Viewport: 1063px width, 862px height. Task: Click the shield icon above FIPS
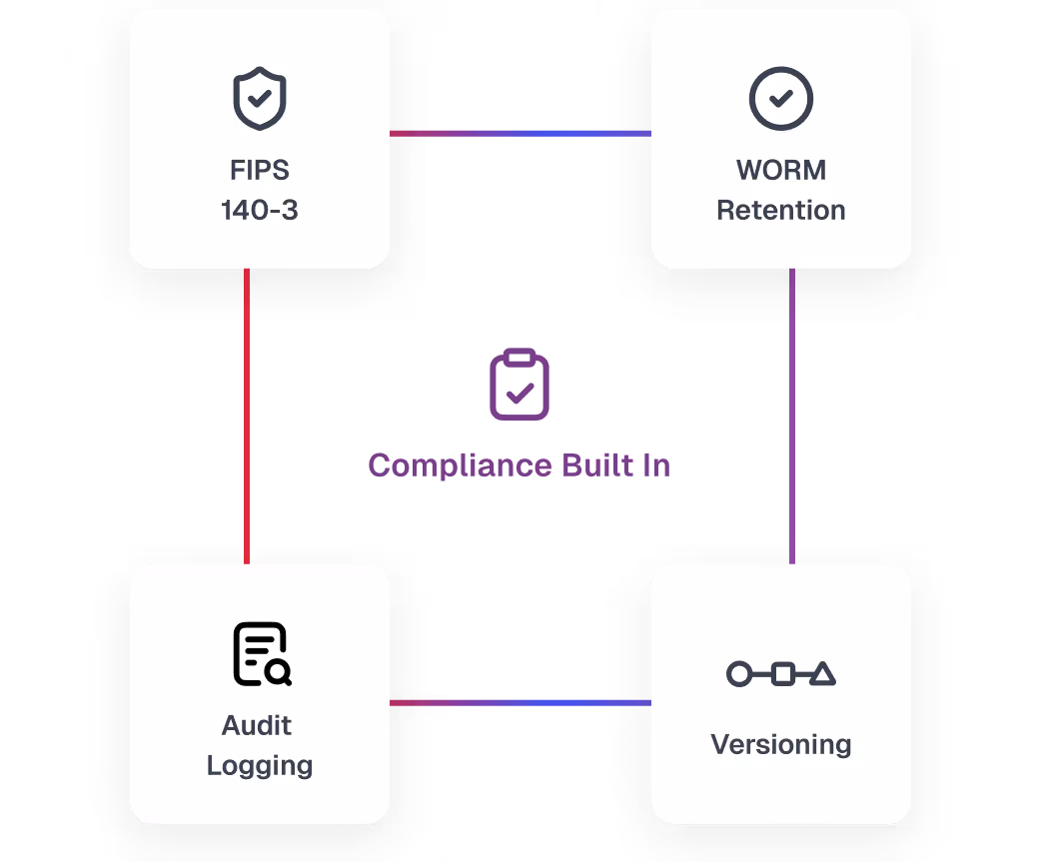[x=260, y=100]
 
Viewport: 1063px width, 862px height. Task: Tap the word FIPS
[x=260, y=170]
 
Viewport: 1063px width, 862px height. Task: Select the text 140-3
[x=260, y=211]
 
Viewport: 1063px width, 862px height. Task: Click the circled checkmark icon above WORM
[x=781, y=99]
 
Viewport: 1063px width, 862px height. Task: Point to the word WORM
[x=781, y=170]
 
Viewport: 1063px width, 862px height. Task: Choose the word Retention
[x=781, y=211]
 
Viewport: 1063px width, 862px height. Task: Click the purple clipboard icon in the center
[x=520, y=385]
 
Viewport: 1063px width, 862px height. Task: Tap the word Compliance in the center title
[x=446, y=465]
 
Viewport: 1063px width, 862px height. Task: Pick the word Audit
[x=258, y=725]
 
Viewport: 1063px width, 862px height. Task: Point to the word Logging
[x=260, y=766]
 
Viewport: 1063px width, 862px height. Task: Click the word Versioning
[x=781, y=744]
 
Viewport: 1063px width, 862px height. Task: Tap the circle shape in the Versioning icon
[x=738, y=674]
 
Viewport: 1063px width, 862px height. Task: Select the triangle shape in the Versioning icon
[x=822, y=673]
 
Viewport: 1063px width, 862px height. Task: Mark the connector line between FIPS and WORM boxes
[x=520, y=133]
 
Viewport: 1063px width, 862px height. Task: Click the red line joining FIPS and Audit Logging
[x=247, y=415]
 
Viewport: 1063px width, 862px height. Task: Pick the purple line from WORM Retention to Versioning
[x=792, y=415]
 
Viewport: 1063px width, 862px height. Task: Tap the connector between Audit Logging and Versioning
[x=520, y=703]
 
